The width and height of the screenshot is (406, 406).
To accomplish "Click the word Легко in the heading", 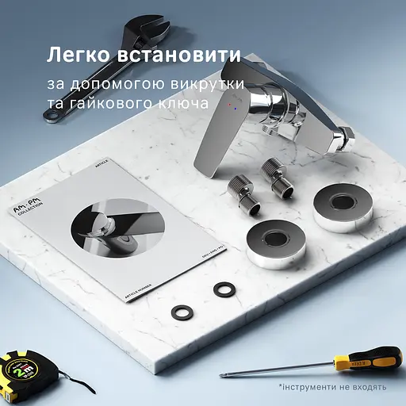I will point(76,56).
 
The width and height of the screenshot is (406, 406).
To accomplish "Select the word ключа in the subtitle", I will point(186,104).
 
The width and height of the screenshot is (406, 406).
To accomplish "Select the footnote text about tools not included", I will point(332,387).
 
